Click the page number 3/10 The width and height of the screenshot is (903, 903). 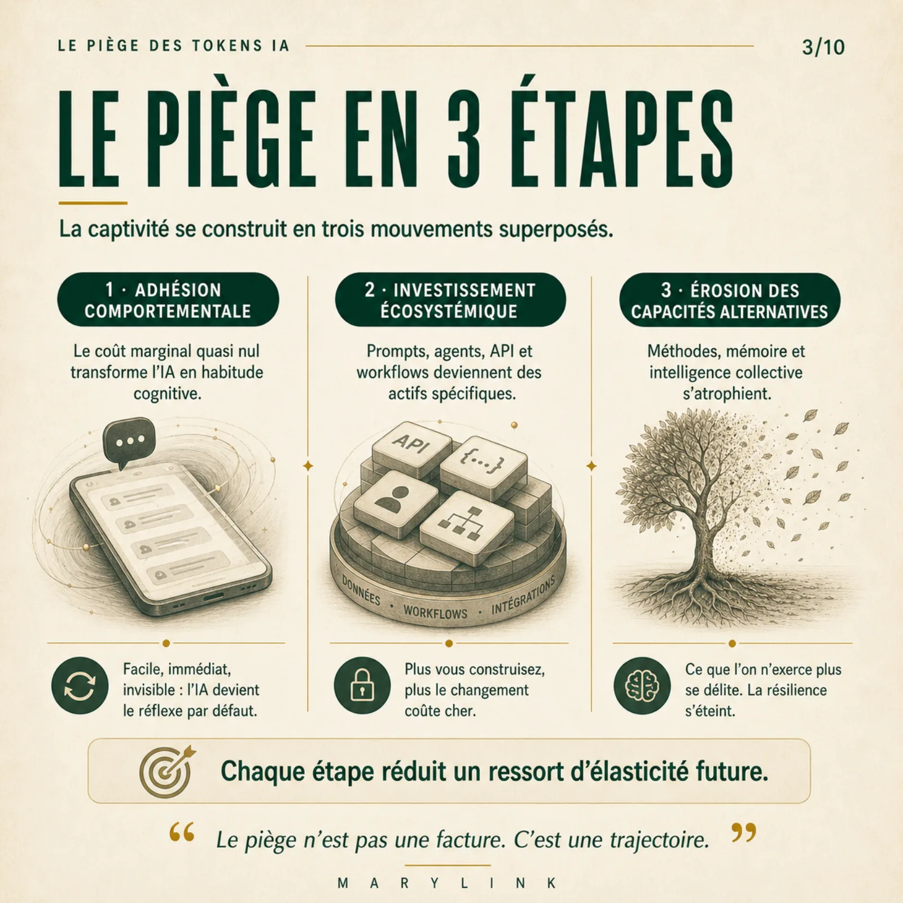[823, 47]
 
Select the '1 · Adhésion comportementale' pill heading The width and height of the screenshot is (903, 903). [168, 300]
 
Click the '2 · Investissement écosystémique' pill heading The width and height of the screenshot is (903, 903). [450, 300]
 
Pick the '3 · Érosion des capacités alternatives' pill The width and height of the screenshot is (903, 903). [730, 300]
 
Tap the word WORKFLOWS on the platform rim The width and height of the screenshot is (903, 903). [436, 612]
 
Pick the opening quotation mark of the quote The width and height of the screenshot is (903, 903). [181, 832]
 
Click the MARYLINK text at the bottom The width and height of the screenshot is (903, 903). [448, 883]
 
